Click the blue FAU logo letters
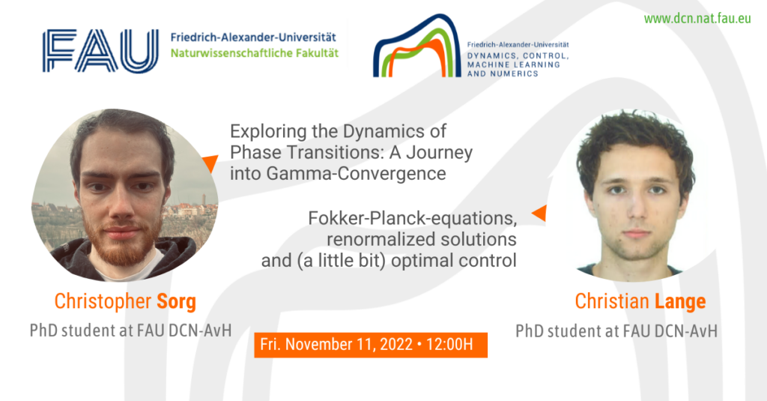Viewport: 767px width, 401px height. (x=100, y=51)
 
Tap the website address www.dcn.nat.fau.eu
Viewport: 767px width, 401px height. (x=697, y=19)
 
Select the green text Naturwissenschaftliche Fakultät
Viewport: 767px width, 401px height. (x=255, y=53)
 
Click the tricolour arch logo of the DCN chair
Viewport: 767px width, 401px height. (x=416, y=46)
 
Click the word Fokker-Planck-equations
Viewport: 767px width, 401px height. (x=413, y=218)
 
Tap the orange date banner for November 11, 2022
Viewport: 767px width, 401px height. (x=371, y=345)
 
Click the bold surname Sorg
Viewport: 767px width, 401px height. (x=176, y=301)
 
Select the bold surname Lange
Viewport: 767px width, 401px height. (x=680, y=301)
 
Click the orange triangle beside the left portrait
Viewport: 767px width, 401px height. (x=210, y=163)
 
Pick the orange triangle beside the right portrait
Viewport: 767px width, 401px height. (x=539, y=213)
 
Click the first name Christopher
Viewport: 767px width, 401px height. (x=103, y=301)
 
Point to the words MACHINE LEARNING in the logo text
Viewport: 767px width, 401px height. (x=513, y=64)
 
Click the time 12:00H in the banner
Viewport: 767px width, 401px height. (x=449, y=344)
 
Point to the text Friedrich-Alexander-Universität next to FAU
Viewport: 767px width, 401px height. (x=253, y=37)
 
